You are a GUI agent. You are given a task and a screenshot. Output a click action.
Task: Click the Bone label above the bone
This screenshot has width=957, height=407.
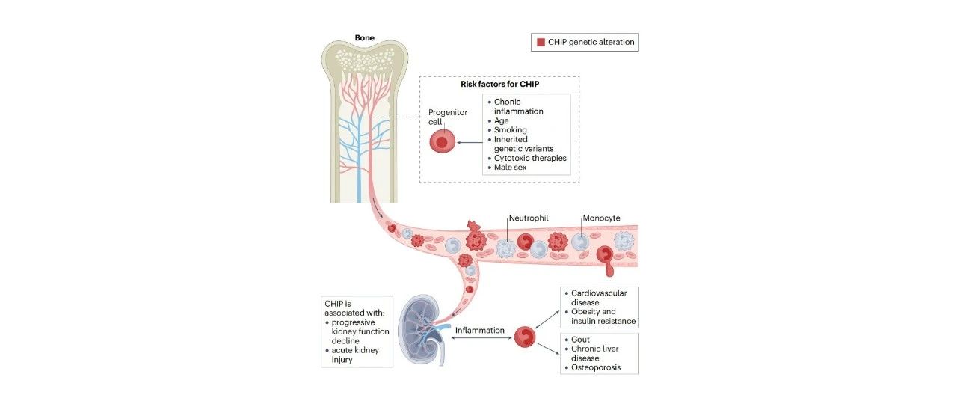(364, 37)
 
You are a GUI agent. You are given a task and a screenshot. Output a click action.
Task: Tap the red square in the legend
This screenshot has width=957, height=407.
(541, 43)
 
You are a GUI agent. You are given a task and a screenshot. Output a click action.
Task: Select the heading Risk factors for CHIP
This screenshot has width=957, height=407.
(499, 85)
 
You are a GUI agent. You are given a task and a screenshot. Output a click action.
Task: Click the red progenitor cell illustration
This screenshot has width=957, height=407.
(442, 141)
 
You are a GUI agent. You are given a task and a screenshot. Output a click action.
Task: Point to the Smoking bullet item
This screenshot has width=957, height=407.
(510, 130)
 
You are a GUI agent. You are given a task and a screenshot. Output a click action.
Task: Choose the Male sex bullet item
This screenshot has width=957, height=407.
(510, 167)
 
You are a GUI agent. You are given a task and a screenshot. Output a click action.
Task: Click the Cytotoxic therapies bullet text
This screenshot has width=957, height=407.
(530, 158)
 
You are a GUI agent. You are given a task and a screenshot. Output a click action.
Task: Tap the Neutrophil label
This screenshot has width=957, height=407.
(529, 218)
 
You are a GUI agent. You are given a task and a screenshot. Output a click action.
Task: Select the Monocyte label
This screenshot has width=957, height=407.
(602, 218)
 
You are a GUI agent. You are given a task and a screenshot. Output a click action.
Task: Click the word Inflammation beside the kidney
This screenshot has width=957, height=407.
(480, 331)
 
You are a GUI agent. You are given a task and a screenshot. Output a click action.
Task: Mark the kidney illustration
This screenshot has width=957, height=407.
(423, 329)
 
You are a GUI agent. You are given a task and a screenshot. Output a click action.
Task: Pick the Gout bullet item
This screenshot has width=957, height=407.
(580, 340)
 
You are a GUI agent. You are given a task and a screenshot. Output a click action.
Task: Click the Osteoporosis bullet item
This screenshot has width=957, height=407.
(596, 367)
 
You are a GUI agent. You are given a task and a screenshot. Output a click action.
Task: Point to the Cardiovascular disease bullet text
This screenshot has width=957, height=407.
(599, 298)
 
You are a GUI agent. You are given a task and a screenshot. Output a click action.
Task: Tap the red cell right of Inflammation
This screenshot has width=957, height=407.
(525, 337)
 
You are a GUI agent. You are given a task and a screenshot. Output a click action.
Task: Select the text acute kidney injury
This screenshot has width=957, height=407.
(355, 355)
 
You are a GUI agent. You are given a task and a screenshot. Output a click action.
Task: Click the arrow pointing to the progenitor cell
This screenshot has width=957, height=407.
(470, 142)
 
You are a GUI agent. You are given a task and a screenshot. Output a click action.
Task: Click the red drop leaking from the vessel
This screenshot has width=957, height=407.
(609, 270)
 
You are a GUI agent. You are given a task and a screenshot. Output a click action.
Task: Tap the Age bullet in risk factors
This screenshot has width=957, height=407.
(501, 120)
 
